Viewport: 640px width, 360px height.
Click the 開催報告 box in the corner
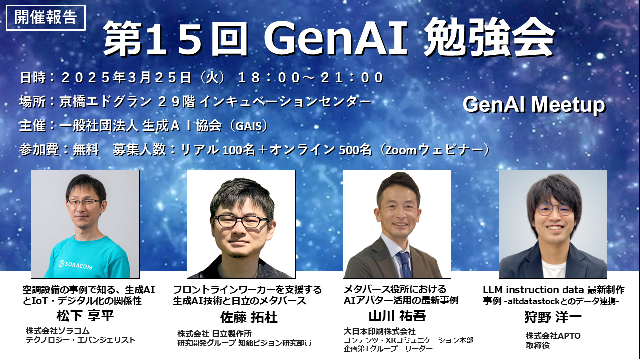[45, 17]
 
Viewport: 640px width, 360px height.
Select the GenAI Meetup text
[534, 105]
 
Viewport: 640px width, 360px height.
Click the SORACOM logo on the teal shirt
[75, 265]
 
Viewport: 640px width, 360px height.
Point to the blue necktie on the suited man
[405, 265]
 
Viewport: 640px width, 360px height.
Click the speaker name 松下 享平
[85, 316]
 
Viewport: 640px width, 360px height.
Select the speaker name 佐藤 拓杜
[249, 317]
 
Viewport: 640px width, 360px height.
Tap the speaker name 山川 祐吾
[397, 316]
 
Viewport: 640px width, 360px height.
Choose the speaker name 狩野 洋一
[553, 317]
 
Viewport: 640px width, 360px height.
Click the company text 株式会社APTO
[553, 336]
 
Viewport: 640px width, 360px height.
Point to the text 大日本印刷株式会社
[380, 331]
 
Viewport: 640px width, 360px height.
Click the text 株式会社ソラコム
[58, 331]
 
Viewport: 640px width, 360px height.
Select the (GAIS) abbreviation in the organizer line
[249, 126]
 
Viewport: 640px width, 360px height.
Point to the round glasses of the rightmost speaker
[554, 209]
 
